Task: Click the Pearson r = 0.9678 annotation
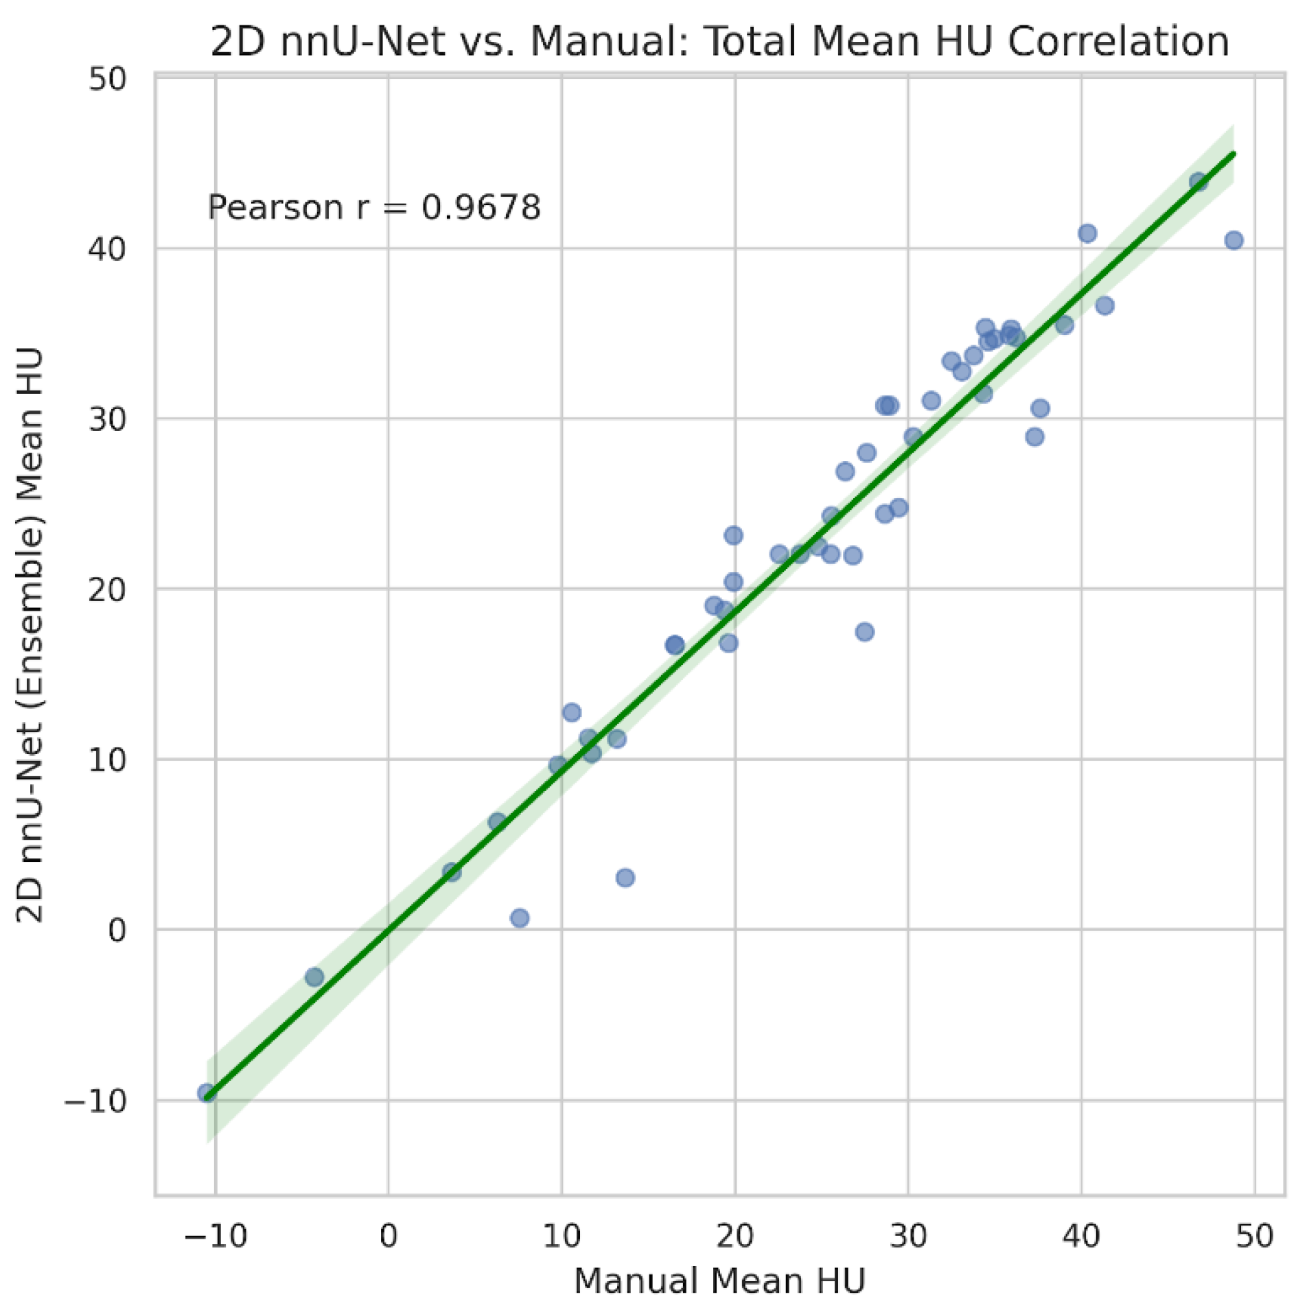[374, 207]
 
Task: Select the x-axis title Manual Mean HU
[719, 1280]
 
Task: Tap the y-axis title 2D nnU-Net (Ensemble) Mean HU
[30, 635]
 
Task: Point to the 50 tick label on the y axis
[108, 80]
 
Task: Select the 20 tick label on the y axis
[108, 589]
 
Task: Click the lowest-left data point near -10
[207, 1093]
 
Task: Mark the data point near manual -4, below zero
[314, 977]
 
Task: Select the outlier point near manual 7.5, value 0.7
[520, 918]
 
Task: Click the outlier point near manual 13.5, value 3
[625, 878]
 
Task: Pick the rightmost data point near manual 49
[1233, 240]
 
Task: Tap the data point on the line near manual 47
[1198, 183]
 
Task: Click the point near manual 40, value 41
[1087, 233]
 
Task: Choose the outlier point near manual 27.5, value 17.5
[865, 632]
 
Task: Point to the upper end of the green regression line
[1234, 153]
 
